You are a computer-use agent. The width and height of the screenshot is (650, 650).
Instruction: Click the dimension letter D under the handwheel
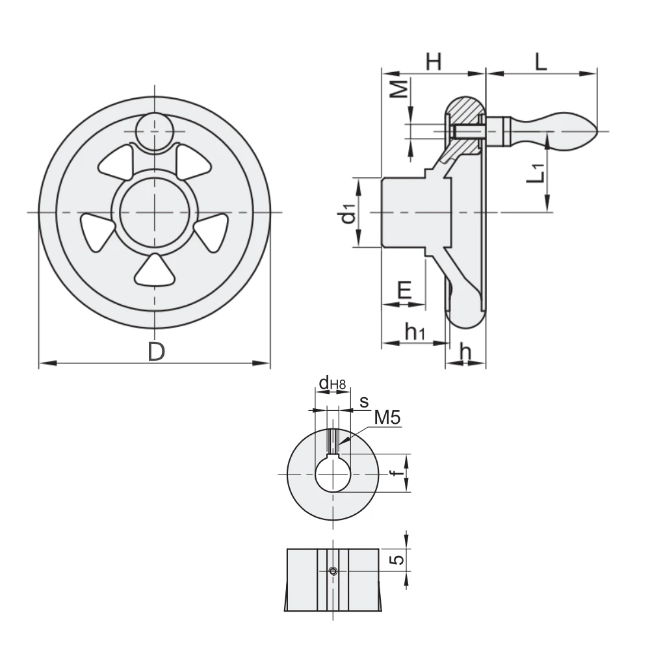click(156, 352)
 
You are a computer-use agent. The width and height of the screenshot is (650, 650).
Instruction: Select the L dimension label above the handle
click(541, 62)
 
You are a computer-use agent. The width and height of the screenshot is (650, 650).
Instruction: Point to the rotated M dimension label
click(400, 88)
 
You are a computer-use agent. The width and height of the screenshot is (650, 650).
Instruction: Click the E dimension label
click(404, 290)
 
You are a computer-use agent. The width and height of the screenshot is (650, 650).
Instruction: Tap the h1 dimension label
click(415, 331)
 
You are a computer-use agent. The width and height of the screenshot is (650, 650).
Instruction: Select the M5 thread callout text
click(387, 417)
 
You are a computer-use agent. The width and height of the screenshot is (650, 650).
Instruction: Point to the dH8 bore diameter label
click(332, 383)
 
